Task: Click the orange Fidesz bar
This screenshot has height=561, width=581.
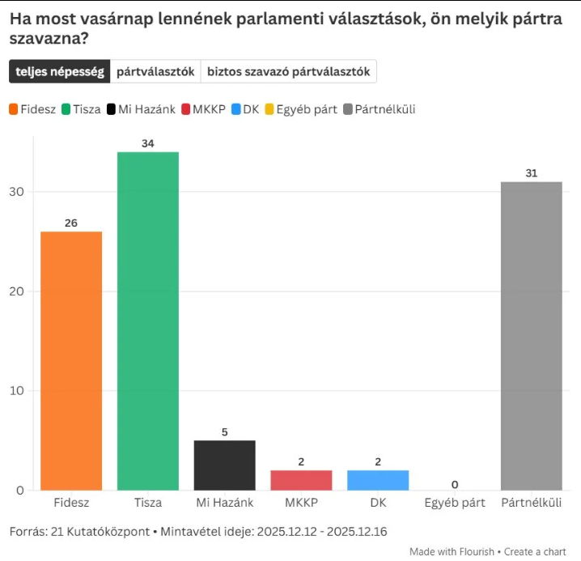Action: tap(71, 360)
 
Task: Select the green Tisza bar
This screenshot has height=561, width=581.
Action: tap(147, 321)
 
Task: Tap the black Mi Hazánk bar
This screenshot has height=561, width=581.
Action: tap(224, 465)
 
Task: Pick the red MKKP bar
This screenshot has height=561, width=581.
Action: tap(301, 480)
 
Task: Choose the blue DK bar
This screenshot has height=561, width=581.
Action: tap(378, 480)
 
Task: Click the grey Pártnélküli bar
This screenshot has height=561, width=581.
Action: tap(531, 336)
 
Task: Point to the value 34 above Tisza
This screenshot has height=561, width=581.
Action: tap(147, 143)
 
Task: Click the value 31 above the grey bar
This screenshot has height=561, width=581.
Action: tap(531, 173)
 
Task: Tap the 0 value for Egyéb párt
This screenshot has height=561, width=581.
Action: tap(455, 484)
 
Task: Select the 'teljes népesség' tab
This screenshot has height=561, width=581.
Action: tap(60, 71)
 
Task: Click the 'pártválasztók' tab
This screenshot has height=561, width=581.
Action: tap(155, 71)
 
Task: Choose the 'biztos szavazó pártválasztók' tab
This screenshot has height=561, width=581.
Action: tap(288, 71)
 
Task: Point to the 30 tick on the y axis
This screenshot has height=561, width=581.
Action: tap(16, 192)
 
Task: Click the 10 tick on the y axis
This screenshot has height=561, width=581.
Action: tap(16, 391)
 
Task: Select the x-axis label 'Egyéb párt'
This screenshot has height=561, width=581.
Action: tap(455, 503)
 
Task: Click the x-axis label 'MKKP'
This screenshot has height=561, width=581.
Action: tap(301, 503)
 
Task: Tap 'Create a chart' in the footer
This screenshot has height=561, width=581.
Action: tap(535, 551)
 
